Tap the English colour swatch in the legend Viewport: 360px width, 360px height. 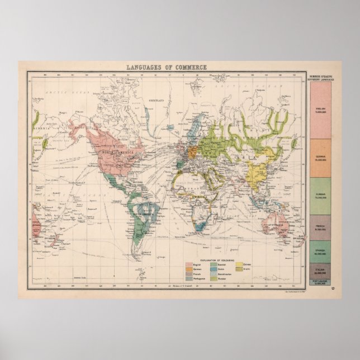(188, 264)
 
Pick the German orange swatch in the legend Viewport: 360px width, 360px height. (188, 269)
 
